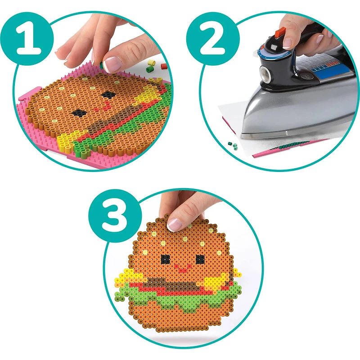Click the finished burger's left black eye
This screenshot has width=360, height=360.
coord(166,259)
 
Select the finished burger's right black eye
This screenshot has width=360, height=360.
coord(200,260)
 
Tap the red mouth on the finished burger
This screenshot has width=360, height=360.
coord(183,269)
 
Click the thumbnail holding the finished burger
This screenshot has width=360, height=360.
coord(175,223)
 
